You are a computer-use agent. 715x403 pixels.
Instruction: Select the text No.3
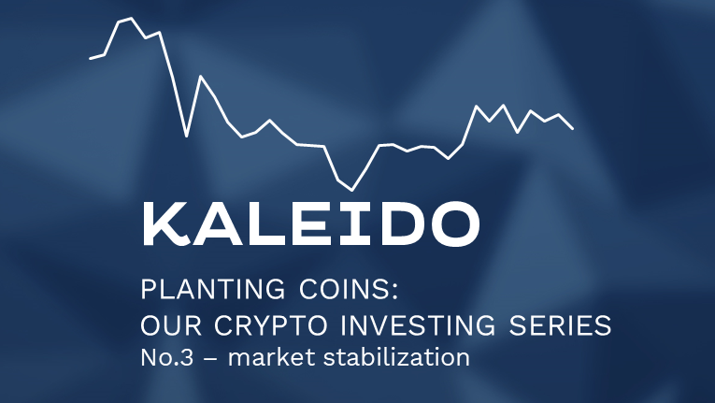pyautogui.click(x=164, y=357)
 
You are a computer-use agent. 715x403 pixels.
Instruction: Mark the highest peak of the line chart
pyautogui.click(x=130, y=18)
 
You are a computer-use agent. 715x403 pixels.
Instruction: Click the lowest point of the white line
pyautogui.click(x=351, y=190)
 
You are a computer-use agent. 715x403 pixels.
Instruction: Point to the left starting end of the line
pyautogui.click(x=91, y=59)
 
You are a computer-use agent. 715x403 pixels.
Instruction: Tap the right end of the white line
pyautogui.click(x=572, y=128)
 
